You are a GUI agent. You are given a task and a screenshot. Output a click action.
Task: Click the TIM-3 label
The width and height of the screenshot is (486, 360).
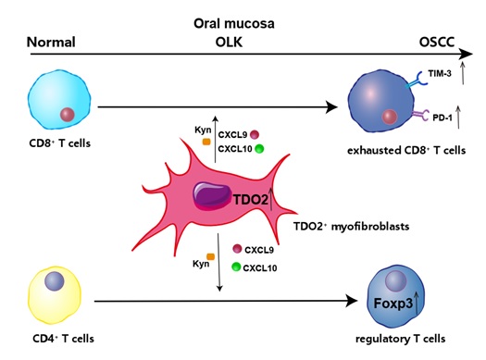click(x=439, y=74)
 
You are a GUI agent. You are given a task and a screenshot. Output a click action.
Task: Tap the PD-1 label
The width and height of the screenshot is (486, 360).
click(x=442, y=118)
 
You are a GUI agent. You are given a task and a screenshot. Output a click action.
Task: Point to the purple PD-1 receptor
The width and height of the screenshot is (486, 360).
click(x=421, y=115)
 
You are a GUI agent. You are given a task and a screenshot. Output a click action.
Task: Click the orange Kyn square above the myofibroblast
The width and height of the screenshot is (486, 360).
click(x=206, y=142)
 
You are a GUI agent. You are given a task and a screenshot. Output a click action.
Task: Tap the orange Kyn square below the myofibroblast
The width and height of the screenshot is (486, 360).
click(x=211, y=256)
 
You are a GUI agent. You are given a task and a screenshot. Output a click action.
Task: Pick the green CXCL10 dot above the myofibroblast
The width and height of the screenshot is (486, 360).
click(x=259, y=149)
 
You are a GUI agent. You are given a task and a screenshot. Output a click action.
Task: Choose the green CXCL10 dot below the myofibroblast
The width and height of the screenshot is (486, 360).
click(x=236, y=267)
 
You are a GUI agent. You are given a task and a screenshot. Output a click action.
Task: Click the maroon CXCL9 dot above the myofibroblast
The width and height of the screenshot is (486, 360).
click(x=255, y=135)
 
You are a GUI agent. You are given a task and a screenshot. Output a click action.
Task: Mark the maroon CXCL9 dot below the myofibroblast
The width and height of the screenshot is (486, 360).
click(x=237, y=249)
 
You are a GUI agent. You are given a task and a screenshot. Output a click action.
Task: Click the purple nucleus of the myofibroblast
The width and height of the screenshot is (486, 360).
click(x=213, y=196)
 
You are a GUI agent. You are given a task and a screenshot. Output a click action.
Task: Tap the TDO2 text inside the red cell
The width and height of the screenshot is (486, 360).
click(x=251, y=200)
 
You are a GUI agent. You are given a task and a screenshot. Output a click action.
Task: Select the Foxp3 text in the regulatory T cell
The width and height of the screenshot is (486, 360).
click(x=393, y=304)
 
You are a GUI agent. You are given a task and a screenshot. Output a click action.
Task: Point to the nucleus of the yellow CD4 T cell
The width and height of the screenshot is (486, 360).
click(x=55, y=281)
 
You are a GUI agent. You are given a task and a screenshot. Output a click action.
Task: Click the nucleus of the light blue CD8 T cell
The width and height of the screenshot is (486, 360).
click(x=68, y=115)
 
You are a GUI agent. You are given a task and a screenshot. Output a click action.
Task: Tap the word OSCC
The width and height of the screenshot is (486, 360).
click(x=437, y=42)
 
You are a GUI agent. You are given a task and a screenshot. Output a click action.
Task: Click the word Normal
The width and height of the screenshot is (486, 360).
click(x=51, y=43)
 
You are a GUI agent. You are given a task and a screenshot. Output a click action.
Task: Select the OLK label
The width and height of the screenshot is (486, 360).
click(x=229, y=42)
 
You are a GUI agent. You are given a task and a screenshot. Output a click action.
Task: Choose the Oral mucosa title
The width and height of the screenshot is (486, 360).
click(x=234, y=23)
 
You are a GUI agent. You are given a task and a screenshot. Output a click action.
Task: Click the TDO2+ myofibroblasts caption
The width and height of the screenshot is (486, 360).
click(x=352, y=227)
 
